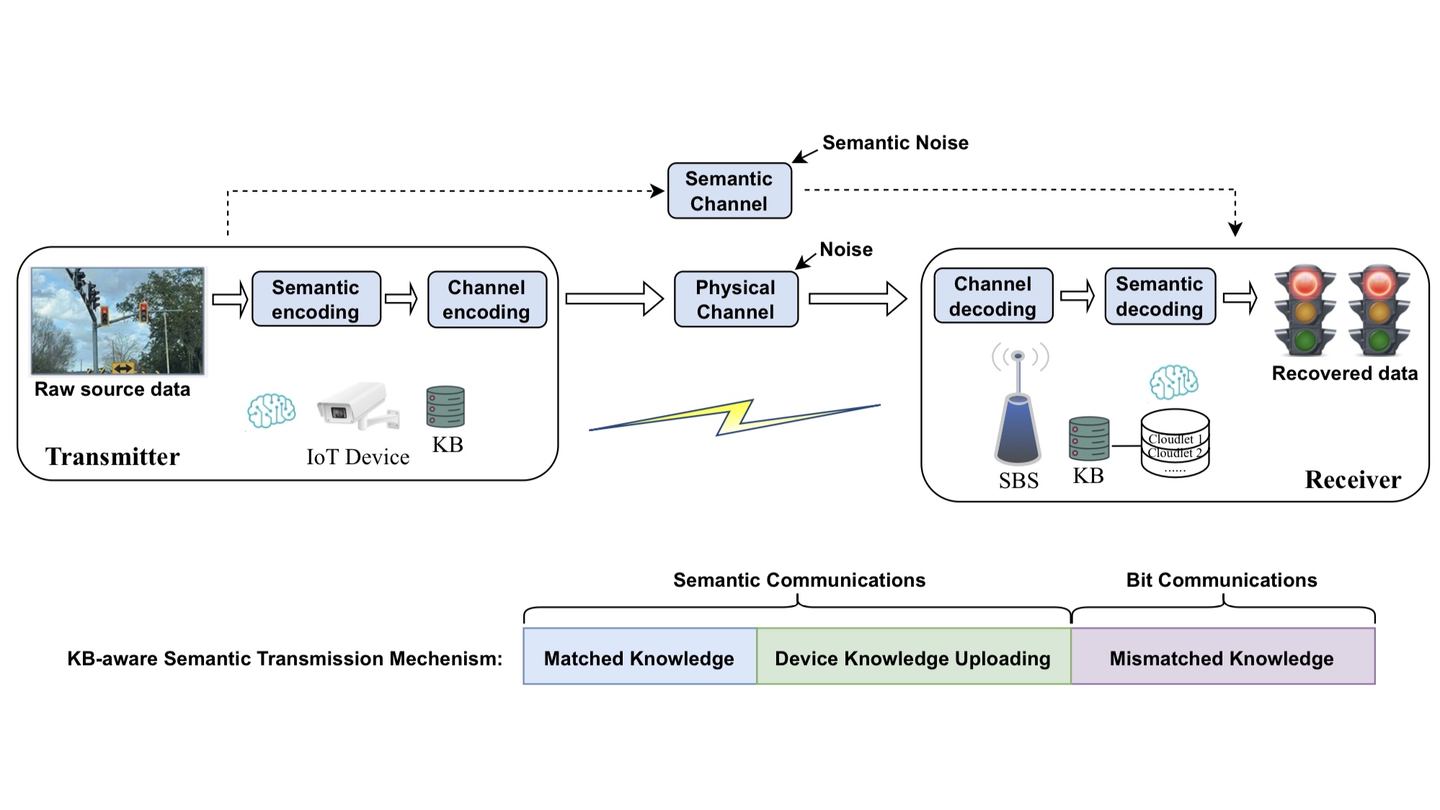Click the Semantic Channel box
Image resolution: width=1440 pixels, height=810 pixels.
click(x=729, y=191)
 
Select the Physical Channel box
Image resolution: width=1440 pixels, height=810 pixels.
click(x=735, y=299)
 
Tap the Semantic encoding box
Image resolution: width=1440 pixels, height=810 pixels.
click(x=316, y=299)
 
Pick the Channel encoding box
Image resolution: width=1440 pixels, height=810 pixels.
click(x=486, y=299)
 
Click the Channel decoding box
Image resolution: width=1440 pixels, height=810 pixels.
click(x=992, y=296)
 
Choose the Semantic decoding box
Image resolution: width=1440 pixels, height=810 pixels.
click(x=1159, y=296)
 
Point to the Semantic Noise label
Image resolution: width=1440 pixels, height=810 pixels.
click(x=894, y=143)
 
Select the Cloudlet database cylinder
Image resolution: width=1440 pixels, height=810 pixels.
click(x=1174, y=443)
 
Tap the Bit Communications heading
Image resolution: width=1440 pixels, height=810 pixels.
click(x=1221, y=580)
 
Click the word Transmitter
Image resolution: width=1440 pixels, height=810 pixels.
click(x=112, y=457)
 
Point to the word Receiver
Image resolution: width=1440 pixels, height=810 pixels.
click(x=1352, y=480)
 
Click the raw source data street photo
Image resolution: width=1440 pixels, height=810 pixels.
click(x=118, y=321)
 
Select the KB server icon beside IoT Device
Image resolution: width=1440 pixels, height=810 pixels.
click(x=445, y=407)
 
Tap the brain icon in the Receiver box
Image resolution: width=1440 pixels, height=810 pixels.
click(x=1173, y=382)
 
